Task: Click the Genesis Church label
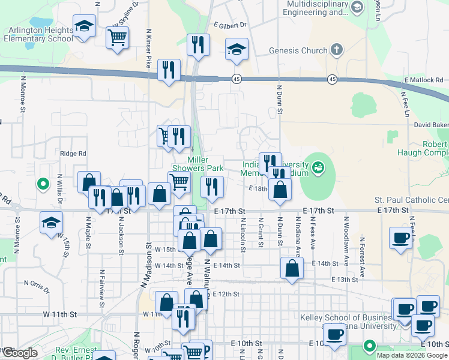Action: pyautogui.click(x=298, y=51)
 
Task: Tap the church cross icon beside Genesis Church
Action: pyautogui.click(x=337, y=50)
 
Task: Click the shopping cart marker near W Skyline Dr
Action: pyautogui.click(x=117, y=37)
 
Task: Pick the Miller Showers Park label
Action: pyautogui.click(x=205, y=164)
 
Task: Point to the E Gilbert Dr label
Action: pyautogui.click(x=230, y=25)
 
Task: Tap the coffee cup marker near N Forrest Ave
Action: pyautogui.click(x=400, y=238)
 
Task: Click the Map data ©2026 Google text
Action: pyautogui.click(x=411, y=355)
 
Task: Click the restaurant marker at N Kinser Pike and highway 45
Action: pyautogui.click(x=169, y=70)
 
